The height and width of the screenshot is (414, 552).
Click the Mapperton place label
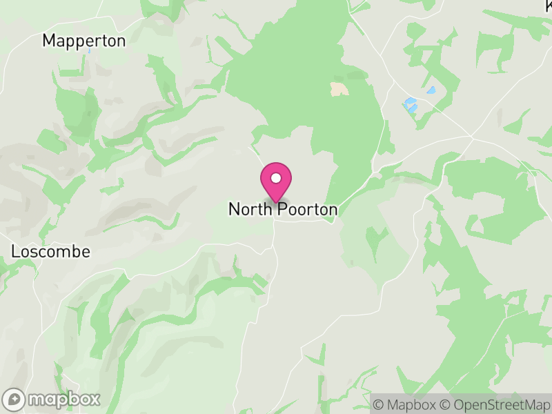pyautogui.click(x=84, y=41)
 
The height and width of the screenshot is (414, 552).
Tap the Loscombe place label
pyautogui.click(x=51, y=252)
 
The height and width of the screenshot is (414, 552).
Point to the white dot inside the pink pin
pyautogui.click(x=276, y=178)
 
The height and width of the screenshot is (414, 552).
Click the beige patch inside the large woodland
pyautogui.click(x=339, y=88)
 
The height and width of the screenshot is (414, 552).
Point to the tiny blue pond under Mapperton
pyautogui.click(x=88, y=50)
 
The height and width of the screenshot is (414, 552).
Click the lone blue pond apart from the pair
pyautogui.click(x=431, y=90)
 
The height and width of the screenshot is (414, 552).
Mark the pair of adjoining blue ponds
pyautogui.click(x=410, y=105)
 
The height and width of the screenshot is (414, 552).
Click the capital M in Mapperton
pyautogui.click(x=49, y=41)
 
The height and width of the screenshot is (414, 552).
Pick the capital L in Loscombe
pyautogui.click(x=16, y=252)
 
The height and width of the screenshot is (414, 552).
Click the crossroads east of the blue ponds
pyautogui.click(x=473, y=137)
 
